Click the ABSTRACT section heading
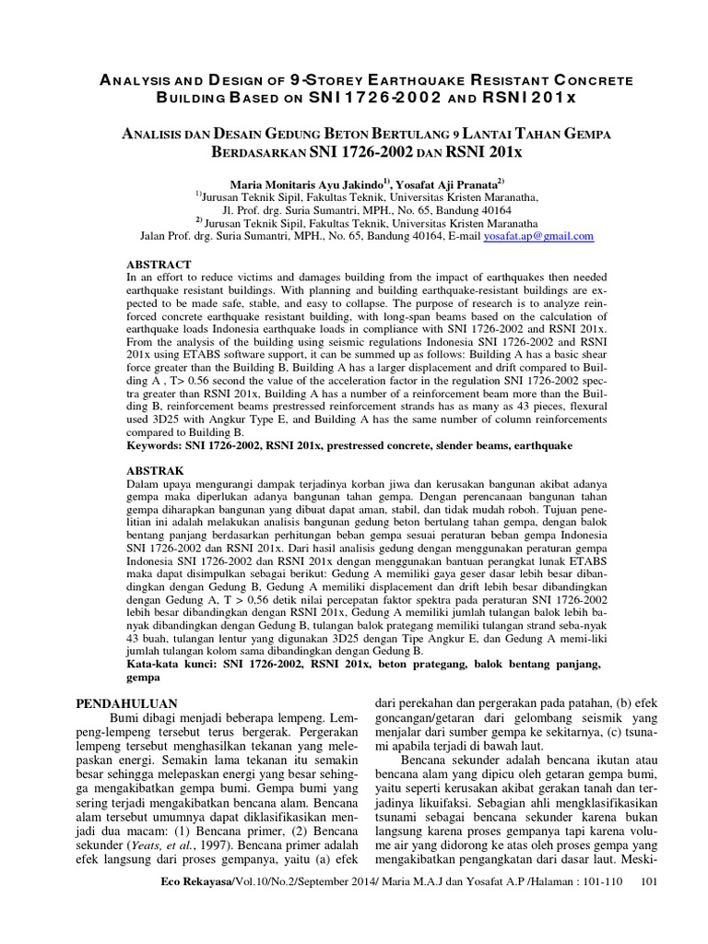click(x=158, y=264)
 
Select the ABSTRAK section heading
click(x=155, y=470)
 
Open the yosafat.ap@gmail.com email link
click(x=538, y=236)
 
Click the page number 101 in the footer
click(x=648, y=908)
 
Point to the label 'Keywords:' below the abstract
click(x=157, y=445)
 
